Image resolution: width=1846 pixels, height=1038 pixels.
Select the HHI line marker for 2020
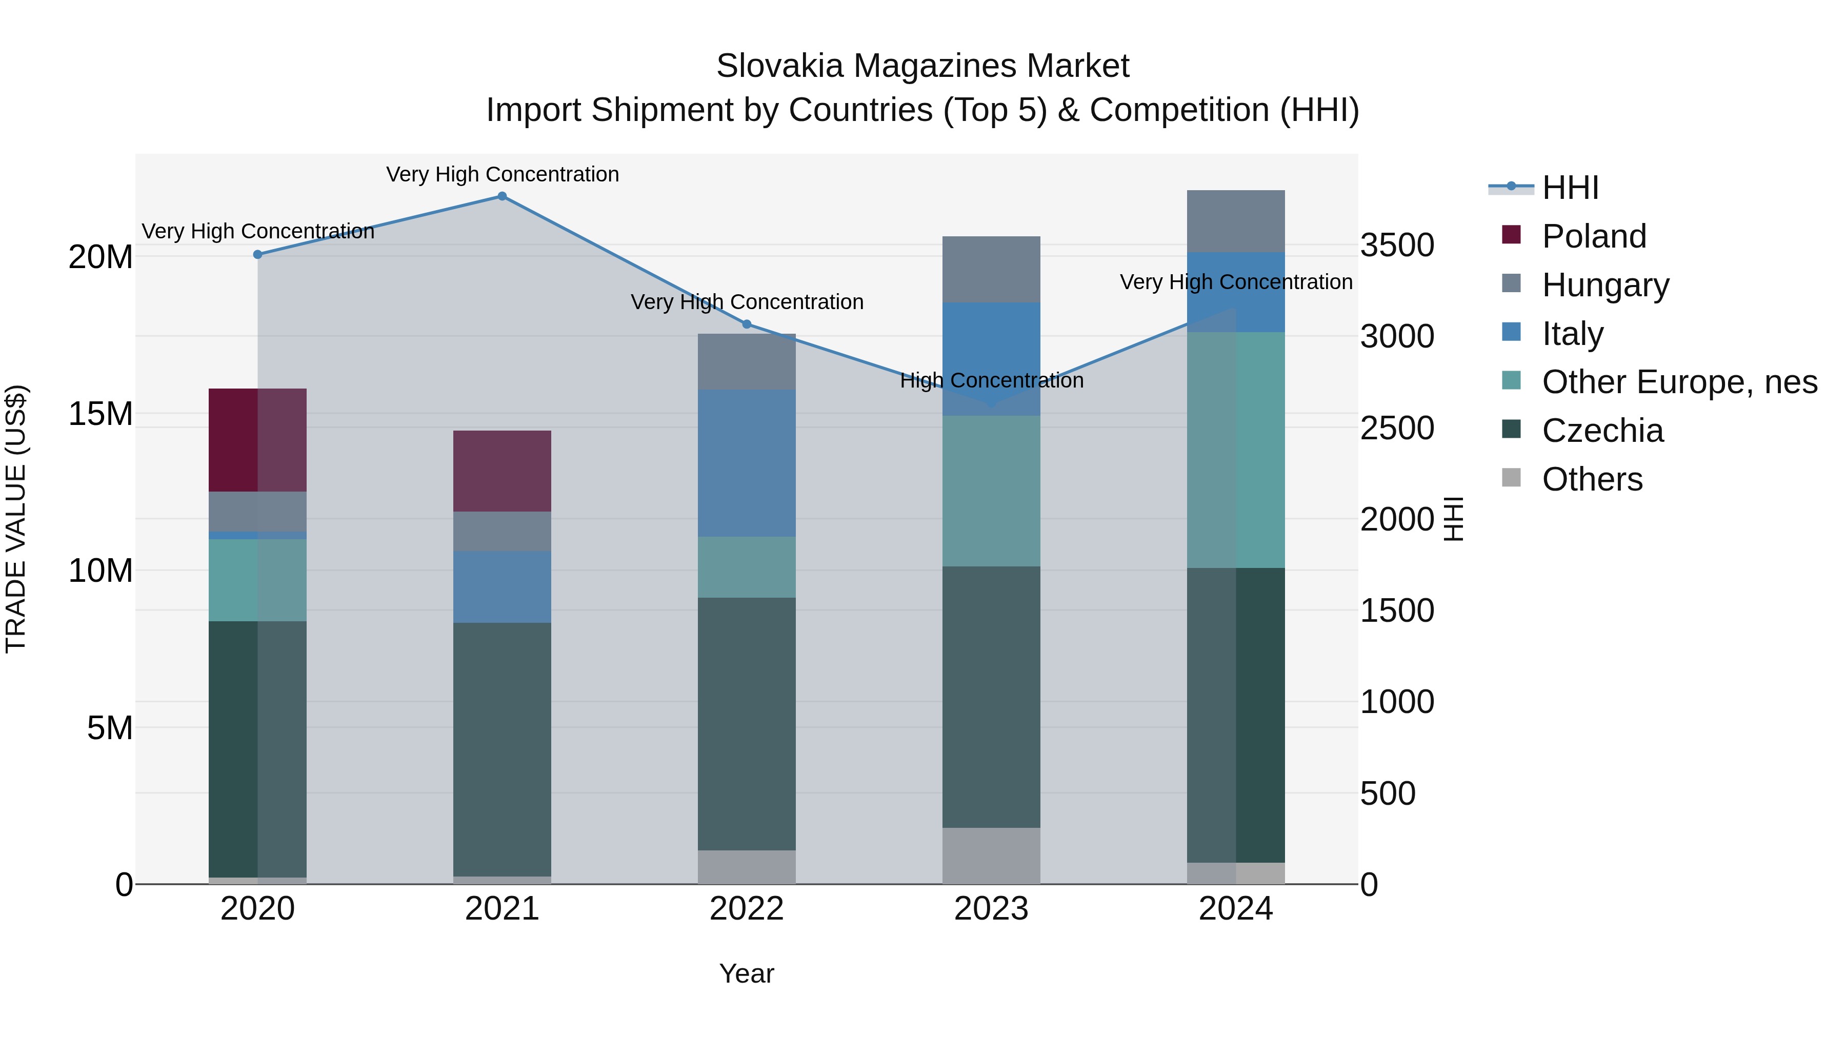pos(258,254)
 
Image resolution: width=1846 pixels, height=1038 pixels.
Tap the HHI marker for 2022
pos(747,324)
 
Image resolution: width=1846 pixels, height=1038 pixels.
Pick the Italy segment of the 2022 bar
pos(747,463)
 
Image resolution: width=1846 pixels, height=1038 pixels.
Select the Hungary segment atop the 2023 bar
pos(991,269)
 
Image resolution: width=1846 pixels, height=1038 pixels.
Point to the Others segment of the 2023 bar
pos(991,856)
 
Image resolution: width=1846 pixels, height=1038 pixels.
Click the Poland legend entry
pos(1594,236)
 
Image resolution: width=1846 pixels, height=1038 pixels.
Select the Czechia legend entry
pos(1602,431)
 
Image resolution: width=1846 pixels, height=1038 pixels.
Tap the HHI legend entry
pos(1570,188)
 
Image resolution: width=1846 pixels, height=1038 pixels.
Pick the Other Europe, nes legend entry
pos(1679,382)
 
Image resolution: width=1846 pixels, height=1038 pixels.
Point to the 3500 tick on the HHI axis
pos(1397,245)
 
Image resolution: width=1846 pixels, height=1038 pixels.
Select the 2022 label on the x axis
pos(747,909)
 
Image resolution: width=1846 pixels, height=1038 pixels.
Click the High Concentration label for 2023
pos(991,380)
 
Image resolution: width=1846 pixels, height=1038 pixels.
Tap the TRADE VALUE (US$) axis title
pos(16,519)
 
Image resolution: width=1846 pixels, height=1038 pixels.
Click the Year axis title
pos(747,973)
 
